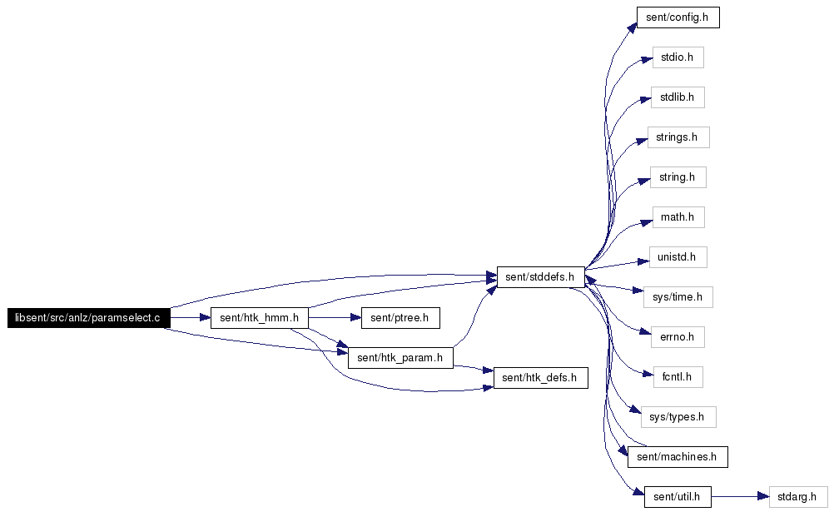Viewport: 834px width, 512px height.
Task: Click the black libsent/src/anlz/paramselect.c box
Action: coord(89,318)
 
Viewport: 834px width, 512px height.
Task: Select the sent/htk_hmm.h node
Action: coord(260,318)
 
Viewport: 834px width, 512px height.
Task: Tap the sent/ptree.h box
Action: coord(400,318)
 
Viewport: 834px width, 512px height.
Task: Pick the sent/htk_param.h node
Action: coord(400,358)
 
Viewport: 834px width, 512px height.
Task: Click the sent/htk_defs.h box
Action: coord(540,378)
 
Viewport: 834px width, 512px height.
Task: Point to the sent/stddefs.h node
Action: coord(540,277)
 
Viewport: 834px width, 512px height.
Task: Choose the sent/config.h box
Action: coord(678,17)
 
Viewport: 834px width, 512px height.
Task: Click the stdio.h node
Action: coord(678,57)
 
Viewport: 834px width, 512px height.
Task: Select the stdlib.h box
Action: coord(678,97)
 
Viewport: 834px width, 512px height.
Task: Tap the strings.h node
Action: coord(678,137)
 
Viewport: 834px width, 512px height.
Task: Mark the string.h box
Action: coord(678,177)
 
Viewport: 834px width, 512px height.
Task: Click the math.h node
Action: coord(678,217)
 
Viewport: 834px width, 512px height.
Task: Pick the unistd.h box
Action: coord(678,257)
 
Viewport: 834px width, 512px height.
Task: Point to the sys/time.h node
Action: coord(678,297)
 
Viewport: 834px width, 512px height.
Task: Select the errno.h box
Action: coord(678,337)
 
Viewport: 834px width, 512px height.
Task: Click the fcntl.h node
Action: coord(678,377)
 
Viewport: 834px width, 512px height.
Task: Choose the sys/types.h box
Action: coord(678,417)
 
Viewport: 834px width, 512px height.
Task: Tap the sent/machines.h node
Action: coord(678,457)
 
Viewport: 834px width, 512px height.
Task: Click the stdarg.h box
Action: coord(798,497)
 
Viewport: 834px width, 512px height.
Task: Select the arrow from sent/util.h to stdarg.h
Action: coord(740,497)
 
